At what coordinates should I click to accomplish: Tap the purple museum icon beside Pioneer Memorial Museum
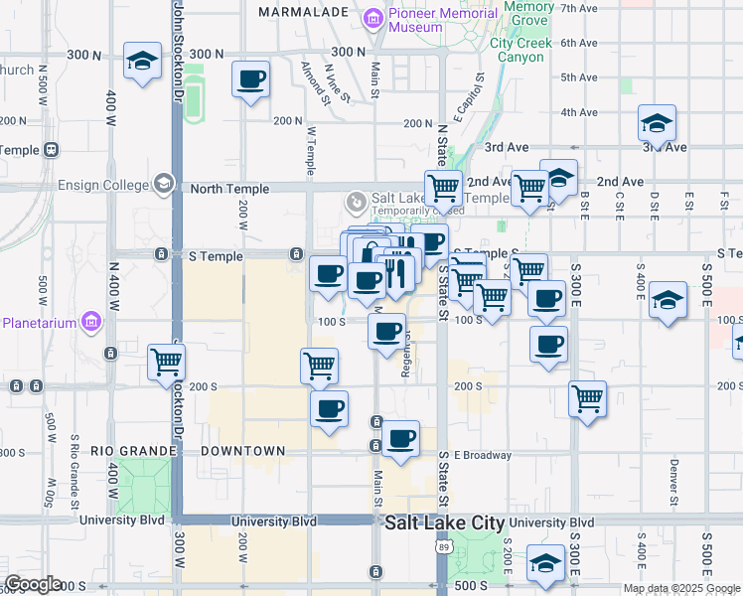point(372,18)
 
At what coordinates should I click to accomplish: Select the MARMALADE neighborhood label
point(303,12)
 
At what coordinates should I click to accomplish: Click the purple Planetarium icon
point(91,322)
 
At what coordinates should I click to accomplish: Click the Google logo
point(33,584)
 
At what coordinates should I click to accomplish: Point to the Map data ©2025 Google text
point(680,588)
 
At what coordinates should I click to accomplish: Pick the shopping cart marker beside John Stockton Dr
point(166,363)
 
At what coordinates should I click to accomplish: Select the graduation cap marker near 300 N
point(143,62)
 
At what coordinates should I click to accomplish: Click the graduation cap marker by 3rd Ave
point(657,123)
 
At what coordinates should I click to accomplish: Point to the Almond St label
point(317,82)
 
